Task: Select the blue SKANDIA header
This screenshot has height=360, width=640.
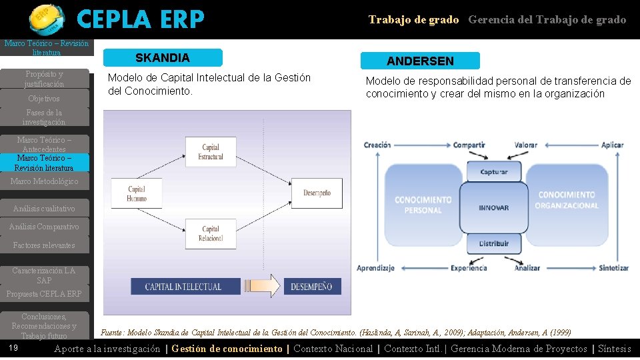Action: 163,58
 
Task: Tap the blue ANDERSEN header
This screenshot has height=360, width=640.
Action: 420,61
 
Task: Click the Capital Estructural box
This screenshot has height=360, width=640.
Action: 211,152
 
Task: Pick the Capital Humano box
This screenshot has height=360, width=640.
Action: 137,193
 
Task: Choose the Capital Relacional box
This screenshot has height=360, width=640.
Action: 211,233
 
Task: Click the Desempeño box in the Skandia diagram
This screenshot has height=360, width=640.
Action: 317,193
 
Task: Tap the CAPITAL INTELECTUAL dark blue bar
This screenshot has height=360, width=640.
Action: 183,287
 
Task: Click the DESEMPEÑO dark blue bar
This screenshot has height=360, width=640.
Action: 311,287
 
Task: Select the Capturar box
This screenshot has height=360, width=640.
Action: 494,172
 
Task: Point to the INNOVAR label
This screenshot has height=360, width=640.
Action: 494,208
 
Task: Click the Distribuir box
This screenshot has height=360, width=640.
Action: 494,244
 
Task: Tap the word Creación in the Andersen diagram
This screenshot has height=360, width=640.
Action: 377,145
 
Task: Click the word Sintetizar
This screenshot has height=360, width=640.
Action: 614,268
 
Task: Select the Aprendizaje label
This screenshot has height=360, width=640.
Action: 376,268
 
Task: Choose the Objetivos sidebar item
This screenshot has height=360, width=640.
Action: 44,99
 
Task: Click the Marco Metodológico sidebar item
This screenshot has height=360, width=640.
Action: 44,181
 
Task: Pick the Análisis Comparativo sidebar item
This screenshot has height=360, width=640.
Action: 44,227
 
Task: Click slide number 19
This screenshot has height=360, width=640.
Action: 14,348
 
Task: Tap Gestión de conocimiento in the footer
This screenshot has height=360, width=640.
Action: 227,349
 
